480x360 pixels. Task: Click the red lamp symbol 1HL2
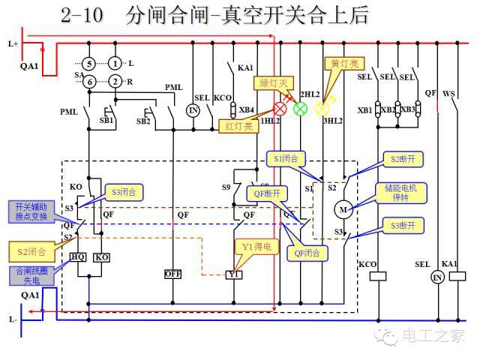pyautogui.click(x=280, y=108)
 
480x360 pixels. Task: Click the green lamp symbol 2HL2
pyautogui.click(x=300, y=108)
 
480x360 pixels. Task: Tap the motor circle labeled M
pyautogui.click(x=345, y=209)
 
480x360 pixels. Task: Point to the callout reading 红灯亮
pyautogui.click(x=235, y=124)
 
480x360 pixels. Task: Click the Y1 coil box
pyautogui.click(x=235, y=274)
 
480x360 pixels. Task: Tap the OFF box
pyautogui.click(x=173, y=274)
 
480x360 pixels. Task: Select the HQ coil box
pyautogui.click(x=78, y=257)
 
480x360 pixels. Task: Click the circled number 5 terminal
pyautogui.click(x=88, y=64)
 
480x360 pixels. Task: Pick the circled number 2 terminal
pyautogui.click(x=115, y=81)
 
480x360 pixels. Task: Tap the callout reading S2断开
pyautogui.click(x=403, y=159)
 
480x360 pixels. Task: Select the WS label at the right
pyautogui.click(x=449, y=94)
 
